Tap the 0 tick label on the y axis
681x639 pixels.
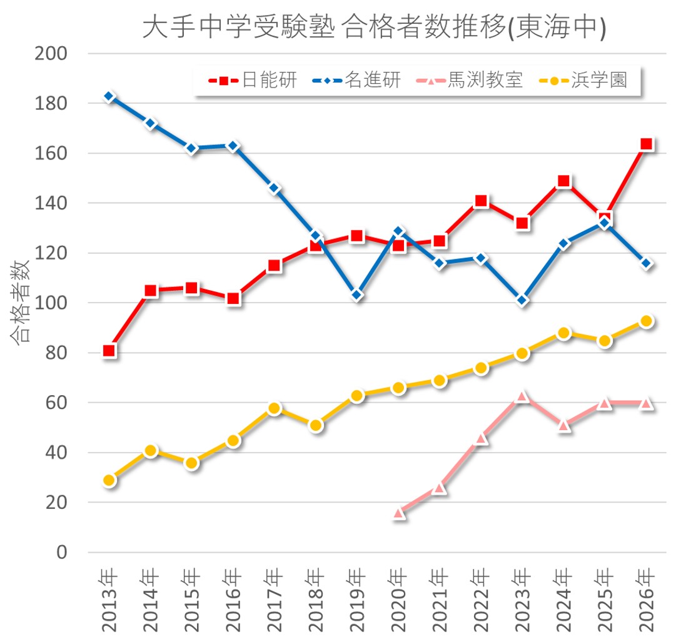[x=61, y=552]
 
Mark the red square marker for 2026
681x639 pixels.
[x=647, y=144]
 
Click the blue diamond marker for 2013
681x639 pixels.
[x=109, y=97]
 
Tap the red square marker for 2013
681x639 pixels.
[x=109, y=351]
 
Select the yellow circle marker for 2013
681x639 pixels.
[x=109, y=480]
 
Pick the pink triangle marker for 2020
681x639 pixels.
[x=399, y=513]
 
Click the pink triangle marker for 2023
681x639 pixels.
[x=523, y=396]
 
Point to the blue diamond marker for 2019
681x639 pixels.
[x=357, y=295]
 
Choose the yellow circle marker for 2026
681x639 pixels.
[x=647, y=321]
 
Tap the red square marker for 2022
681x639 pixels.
[x=481, y=201]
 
